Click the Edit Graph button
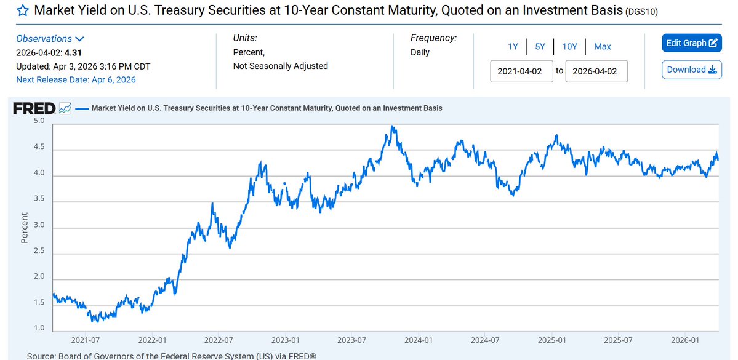pos(692,43)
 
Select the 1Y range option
pos(513,47)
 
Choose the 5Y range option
pos(540,47)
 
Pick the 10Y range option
pos(569,47)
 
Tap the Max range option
pos(602,47)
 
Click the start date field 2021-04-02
pos(521,71)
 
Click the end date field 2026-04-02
pos(596,71)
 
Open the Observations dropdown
pos(50,39)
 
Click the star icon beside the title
pos(23,11)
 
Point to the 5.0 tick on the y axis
pos(39,121)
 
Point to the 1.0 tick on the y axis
pos(39,328)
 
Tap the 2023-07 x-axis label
pos(351,340)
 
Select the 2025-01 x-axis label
pos(551,340)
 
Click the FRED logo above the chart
pos(34,109)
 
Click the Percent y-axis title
pos(25,228)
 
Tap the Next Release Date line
pos(76,80)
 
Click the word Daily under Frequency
pos(420,53)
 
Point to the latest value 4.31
pos(73,53)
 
